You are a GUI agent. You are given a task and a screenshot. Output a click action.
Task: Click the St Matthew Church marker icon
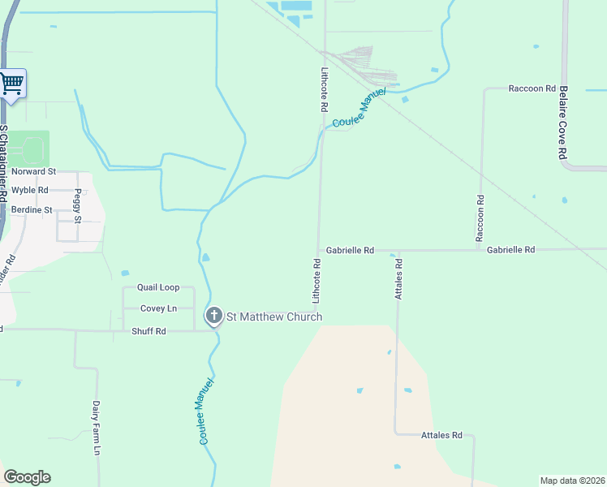pos(213,317)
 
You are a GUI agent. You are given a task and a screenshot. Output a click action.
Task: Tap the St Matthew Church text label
pos(273,317)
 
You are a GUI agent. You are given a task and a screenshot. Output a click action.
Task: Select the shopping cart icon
pos(12,82)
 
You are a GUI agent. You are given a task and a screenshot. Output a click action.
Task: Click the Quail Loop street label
pos(158,287)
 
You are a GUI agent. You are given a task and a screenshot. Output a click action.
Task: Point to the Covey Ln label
pos(158,308)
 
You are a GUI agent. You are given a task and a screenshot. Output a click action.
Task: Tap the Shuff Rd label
pos(149,331)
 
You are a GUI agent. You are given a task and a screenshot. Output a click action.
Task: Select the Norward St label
pos(33,172)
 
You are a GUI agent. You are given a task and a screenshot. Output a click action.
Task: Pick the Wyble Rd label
pos(30,190)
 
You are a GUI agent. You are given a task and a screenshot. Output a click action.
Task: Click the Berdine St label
pos(32,209)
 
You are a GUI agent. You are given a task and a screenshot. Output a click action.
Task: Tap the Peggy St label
pos(78,207)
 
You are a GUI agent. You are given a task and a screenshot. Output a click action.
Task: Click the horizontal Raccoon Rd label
pos(532,88)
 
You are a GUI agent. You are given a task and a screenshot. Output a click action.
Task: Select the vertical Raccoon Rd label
pos(480,218)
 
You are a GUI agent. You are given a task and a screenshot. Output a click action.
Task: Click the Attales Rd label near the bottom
pos(441,436)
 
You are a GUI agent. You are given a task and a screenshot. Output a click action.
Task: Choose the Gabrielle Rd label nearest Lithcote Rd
pos(350,251)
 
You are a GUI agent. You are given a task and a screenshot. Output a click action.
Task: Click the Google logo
pos(27,477)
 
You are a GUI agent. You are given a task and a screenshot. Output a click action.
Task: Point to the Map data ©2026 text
pos(572,481)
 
